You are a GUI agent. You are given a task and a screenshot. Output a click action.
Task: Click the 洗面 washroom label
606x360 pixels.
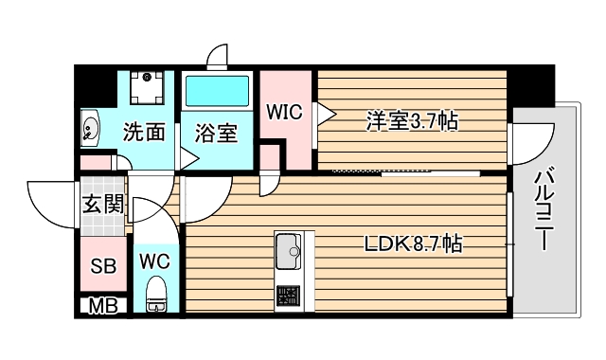click(144, 133)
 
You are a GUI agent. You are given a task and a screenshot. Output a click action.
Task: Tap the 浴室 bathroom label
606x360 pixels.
click(216, 133)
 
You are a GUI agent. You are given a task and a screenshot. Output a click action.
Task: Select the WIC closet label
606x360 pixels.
click(283, 112)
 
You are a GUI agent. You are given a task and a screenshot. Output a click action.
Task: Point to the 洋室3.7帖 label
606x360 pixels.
click(413, 120)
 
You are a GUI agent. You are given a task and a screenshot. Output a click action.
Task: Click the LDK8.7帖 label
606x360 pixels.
click(414, 243)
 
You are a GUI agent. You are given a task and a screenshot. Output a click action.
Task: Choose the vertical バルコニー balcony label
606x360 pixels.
click(544, 209)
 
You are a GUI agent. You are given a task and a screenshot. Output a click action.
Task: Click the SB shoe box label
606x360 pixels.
click(102, 266)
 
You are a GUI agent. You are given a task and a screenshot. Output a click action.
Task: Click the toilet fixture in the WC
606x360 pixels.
click(156, 297)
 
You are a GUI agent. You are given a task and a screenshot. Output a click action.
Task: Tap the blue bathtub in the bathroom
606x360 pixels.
click(217, 93)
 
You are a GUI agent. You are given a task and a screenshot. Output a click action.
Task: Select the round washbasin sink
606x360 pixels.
click(92, 127)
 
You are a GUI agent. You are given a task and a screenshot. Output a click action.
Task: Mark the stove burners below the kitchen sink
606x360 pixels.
click(288, 297)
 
